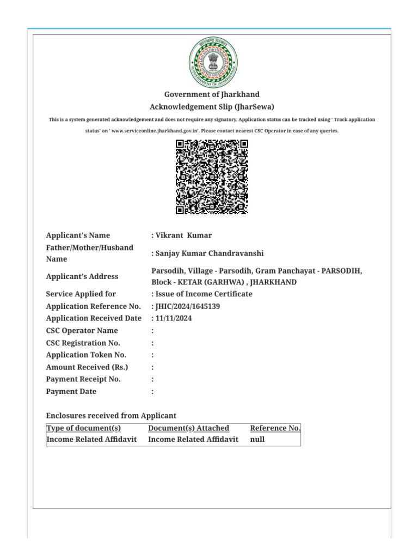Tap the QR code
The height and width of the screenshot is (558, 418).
[212, 177]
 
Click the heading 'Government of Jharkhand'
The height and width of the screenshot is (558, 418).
[212, 95]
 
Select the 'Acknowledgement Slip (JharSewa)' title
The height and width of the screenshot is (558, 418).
[212, 107]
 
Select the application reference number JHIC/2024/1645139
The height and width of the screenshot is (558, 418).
[188, 306]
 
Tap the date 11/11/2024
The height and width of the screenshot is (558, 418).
[173, 318]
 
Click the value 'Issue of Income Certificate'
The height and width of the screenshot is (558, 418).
[203, 294]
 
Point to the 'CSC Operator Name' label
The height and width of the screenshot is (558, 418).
[82, 331]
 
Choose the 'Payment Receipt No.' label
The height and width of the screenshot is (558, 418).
[83, 379]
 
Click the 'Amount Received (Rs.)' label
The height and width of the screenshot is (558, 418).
[87, 367]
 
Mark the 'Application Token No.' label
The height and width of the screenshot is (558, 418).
[86, 355]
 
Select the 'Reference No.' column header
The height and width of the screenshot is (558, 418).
[275, 428]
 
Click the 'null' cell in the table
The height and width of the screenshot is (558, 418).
[257, 439]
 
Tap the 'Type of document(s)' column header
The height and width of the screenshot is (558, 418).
[84, 428]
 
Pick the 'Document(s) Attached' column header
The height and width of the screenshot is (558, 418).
[188, 428]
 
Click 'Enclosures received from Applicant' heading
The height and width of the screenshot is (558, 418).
[111, 416]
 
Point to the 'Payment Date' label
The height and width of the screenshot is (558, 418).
[71, 392]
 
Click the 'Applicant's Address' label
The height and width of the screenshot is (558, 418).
[82, 276]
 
